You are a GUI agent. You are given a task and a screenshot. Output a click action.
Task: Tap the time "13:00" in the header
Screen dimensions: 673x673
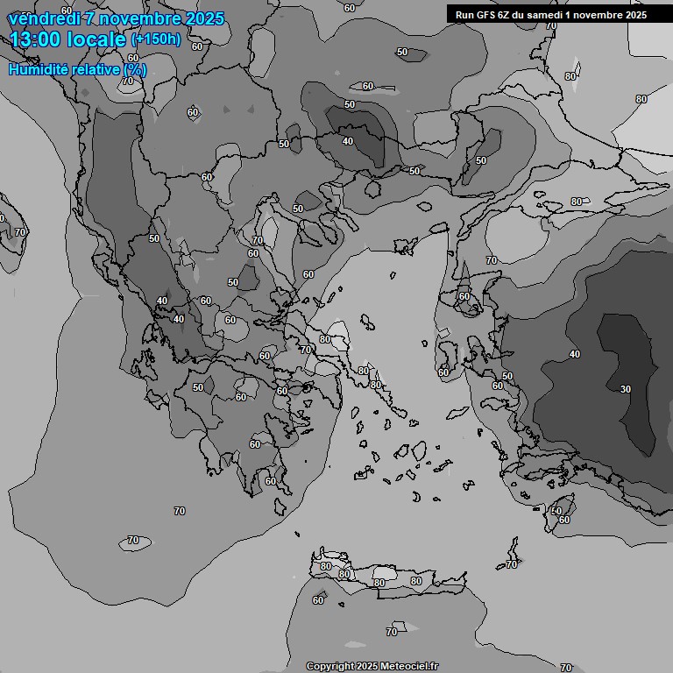tap(35, 39)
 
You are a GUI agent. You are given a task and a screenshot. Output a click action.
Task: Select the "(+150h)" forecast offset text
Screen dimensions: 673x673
tap(156, 39)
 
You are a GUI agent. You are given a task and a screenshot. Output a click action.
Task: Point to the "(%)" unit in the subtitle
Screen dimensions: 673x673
tap(134, 69)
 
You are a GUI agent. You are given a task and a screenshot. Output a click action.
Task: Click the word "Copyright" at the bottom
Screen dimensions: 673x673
tap(330, 667)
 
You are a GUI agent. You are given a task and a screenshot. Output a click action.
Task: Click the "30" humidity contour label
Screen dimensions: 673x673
tap(625, 388)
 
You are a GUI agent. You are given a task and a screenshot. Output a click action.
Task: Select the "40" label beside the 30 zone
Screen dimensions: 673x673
tap(575, 354)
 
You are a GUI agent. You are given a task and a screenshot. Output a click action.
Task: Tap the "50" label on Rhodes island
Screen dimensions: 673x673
tap(556, 510)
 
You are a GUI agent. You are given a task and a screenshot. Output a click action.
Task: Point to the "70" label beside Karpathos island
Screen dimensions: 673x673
tap(513, 565)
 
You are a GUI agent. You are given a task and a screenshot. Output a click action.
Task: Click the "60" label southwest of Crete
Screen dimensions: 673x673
tap(318, 600)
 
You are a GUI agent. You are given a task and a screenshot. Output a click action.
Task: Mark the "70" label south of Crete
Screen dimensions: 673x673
tap(392, 632)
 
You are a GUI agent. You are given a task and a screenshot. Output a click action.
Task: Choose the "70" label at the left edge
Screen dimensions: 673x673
tap(19, 232)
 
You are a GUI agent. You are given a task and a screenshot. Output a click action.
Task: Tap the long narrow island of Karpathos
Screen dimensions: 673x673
tap(513, 549)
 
